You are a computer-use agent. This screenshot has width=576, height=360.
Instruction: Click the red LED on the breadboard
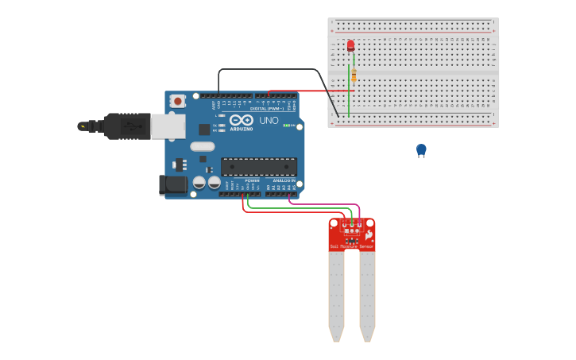pos(350,45)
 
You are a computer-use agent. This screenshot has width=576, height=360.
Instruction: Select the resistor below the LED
pos(354,75)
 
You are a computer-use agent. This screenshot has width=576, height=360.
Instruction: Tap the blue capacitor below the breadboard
pos(421,149)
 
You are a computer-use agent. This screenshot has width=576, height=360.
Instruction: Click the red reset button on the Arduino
pos(177,101)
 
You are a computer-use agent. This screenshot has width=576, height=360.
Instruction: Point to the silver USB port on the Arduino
pos(168,126)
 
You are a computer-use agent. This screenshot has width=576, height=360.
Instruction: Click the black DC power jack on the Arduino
pos(173,185)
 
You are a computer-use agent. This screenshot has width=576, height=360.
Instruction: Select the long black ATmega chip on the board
pos(259,166)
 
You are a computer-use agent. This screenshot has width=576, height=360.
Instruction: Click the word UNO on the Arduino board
pos(269,121)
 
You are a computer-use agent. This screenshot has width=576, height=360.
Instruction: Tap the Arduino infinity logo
pos(242,120)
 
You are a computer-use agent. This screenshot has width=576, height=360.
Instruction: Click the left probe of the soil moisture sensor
pos(337,294)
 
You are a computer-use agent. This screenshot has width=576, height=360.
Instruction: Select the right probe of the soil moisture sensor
pos(367,294)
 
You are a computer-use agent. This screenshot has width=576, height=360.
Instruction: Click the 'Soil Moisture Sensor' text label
pos(352,247)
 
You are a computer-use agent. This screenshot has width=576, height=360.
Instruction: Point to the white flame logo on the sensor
pos(369,234)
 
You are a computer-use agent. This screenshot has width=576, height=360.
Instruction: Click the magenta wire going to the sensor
pos(318,203)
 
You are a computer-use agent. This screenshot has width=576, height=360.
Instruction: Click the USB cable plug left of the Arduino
pos(119,126)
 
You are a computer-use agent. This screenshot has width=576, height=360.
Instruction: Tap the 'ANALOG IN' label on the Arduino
pos(284,181)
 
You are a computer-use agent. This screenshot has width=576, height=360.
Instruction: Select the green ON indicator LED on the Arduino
pos(288,126)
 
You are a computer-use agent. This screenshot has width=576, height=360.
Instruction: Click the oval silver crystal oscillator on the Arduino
pos(203,146)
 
